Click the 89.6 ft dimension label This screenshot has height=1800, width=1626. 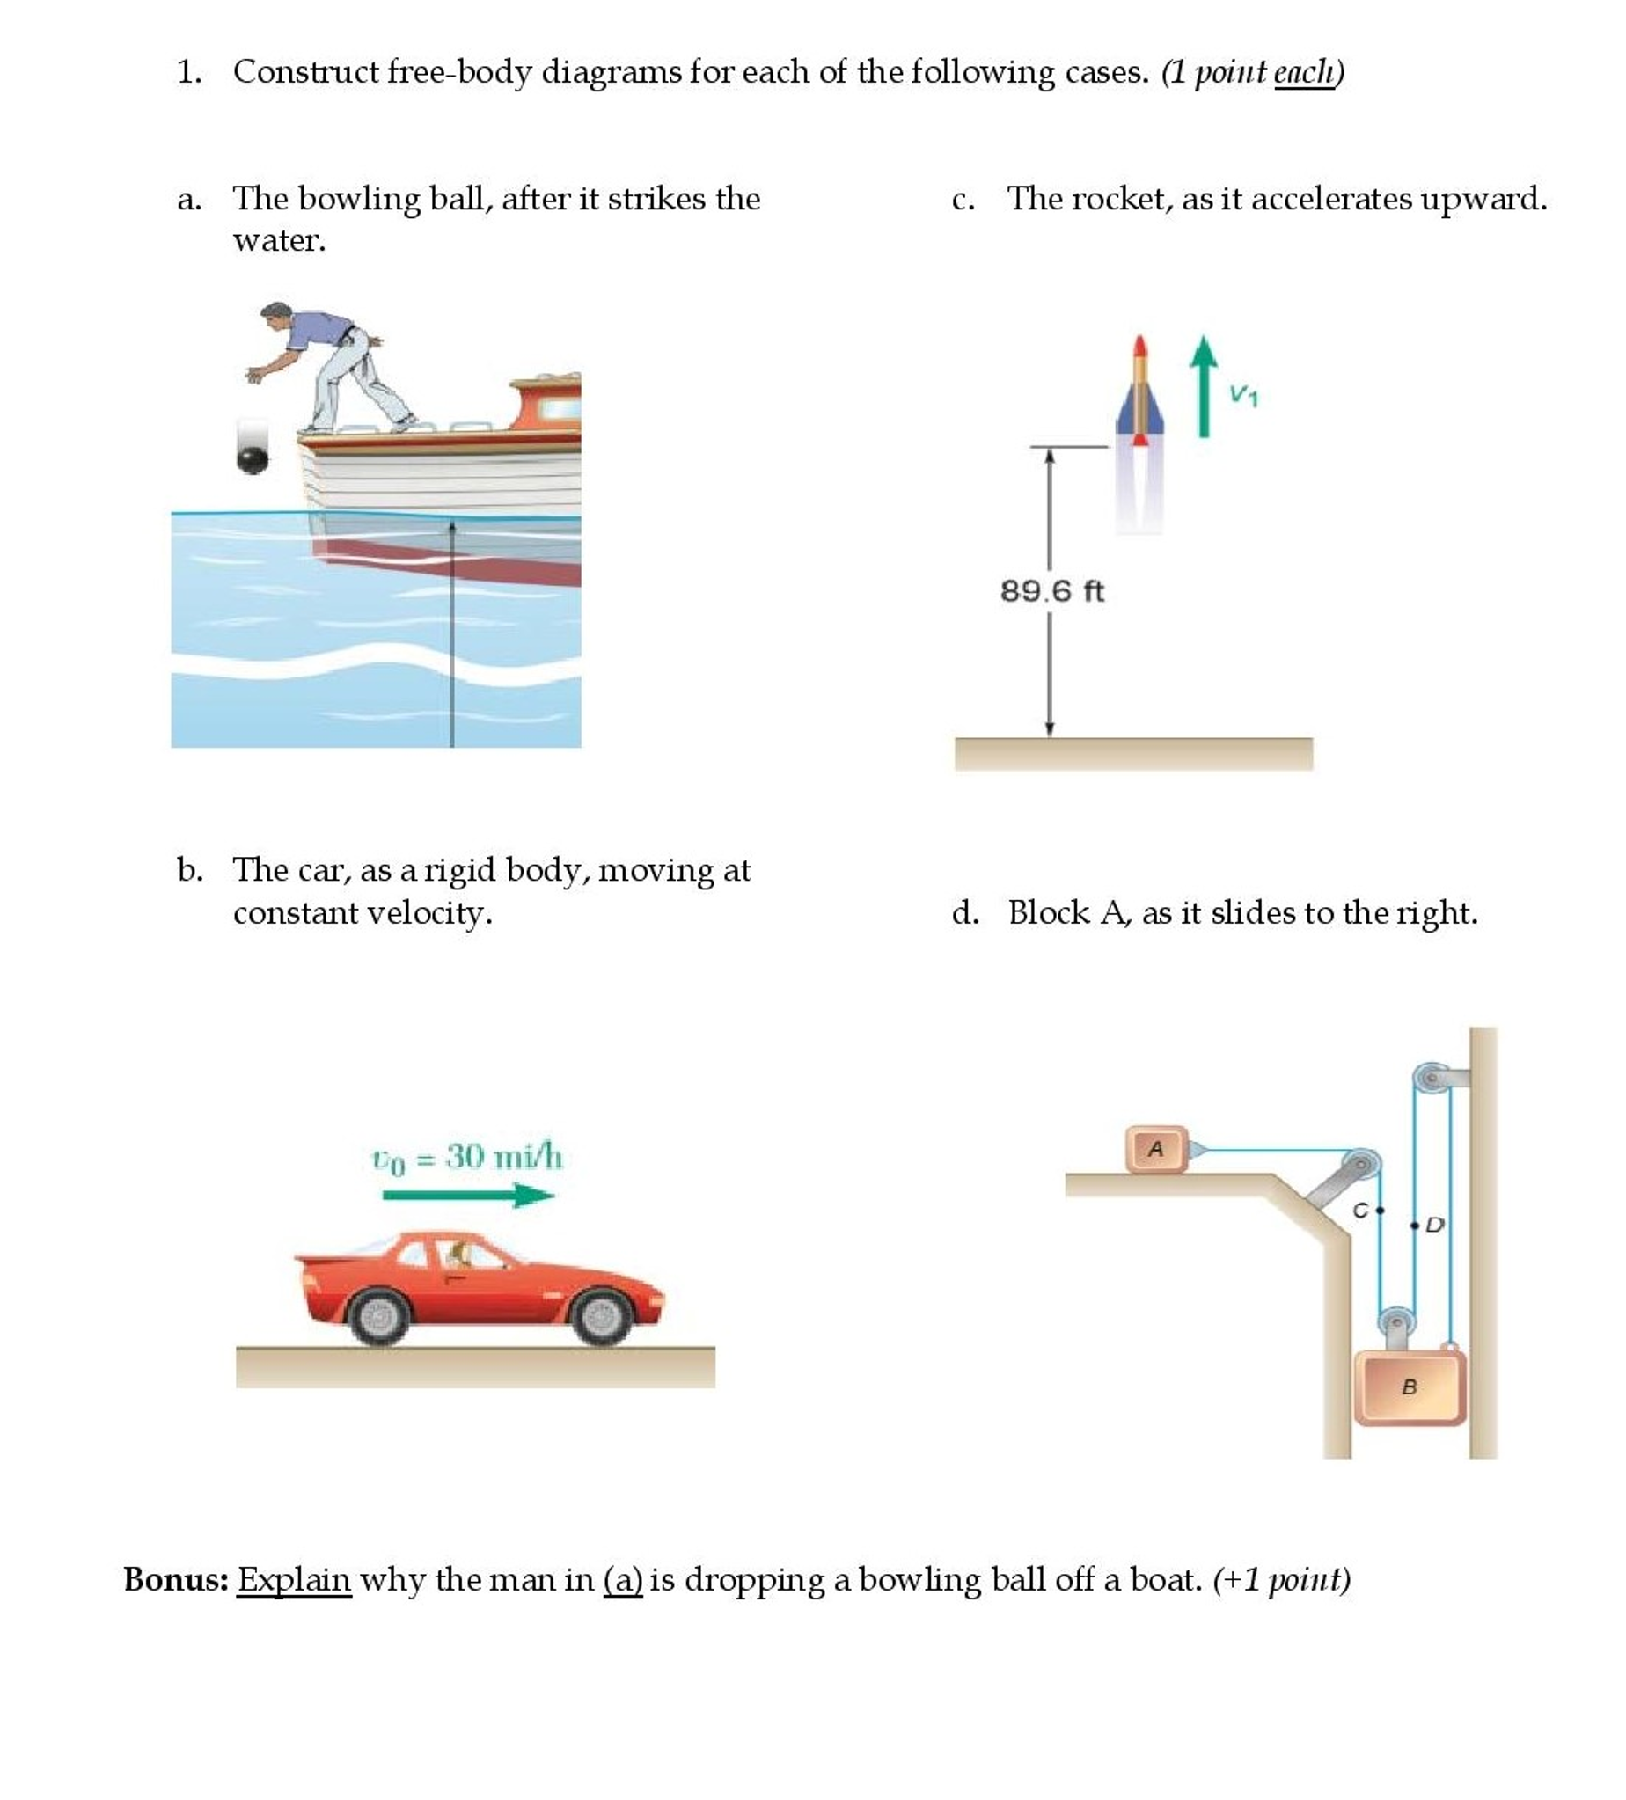(x=1051, y=591)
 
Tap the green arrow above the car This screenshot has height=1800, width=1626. (x=468, y=1196)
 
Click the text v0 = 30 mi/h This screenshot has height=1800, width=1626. (x=466, y=1158)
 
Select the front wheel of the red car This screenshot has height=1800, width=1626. (x=602, y=1316)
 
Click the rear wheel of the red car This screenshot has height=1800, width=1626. (x=380, y=1316)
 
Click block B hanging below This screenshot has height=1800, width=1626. (x=1409, y=1387)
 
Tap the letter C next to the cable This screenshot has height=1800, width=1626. (x=1360, y=1211)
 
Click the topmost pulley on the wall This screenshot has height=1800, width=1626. (x=1432, y=1077)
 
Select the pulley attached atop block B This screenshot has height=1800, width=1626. (x=1395, y=1322)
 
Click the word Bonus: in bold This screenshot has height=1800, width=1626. (x=176, y=1579)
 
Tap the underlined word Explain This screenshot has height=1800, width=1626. (x=294, y=1579)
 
